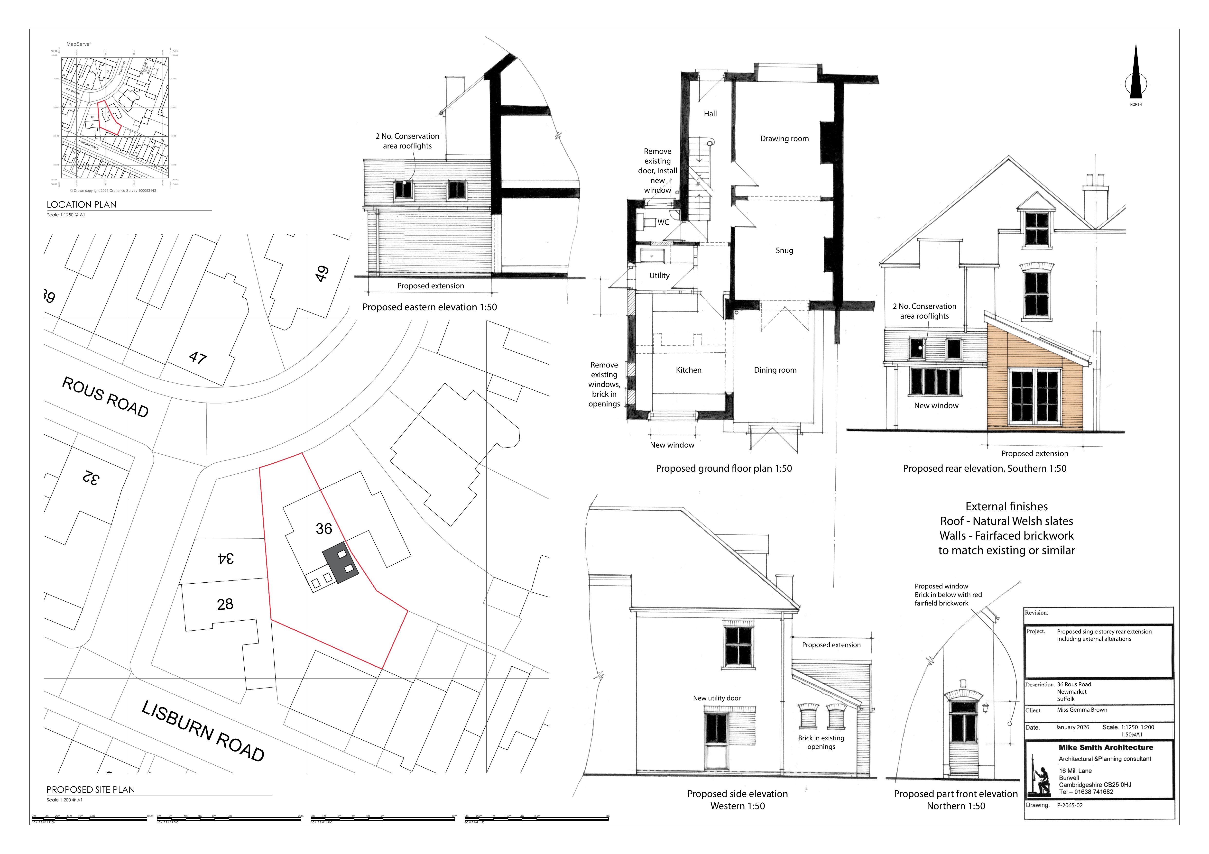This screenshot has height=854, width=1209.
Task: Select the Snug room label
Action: tap(784, 251)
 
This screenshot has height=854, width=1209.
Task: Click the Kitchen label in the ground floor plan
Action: tap(688, 370)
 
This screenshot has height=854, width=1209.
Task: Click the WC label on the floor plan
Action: tap(663, 222)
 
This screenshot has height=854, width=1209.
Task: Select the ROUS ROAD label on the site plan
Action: tap(105, 397)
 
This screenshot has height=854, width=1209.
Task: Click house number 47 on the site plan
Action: tap(198, 358)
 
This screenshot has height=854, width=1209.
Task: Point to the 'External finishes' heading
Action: tap(1006, 506)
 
